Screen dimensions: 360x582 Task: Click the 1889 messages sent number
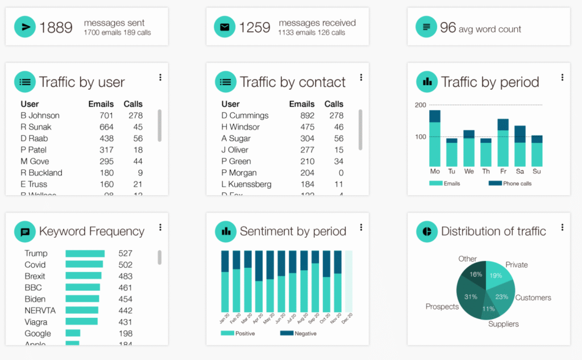click(x=56, y=27)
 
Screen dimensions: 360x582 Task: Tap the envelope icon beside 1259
click(x=225, y=27)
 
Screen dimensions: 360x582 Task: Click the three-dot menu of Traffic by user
click(x=160, y=77)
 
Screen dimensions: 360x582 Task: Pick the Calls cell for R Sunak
click(x=138, y=127)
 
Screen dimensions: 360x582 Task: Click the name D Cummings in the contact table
click(x=245, y=115)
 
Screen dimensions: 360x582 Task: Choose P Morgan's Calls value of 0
click(x=340, y=173)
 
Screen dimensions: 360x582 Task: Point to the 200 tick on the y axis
click(x=421, y=105)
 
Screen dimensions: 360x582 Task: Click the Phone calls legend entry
click(x=510, y=184)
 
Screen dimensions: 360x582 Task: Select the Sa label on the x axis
click(x=520, y=171)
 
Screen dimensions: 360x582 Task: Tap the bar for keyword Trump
click(x=85, y=254)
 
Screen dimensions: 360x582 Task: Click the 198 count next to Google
click(x=125, y=334)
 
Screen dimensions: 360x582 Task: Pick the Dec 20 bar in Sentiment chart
click(x=348, y=282)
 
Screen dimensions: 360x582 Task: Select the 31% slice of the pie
click(x=470, y=296)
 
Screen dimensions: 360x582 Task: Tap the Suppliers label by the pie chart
click(x=504, y=324)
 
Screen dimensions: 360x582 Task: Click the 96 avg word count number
click(x=448, y=27)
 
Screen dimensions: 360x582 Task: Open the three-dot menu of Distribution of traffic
click(x=562, y=227)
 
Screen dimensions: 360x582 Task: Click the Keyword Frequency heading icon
click(x=24, y=231)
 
